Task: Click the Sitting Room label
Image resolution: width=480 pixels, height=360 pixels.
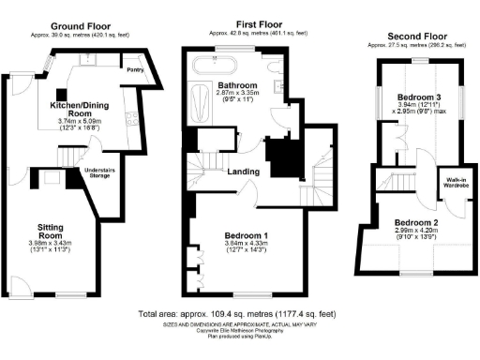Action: click(x=51, y=231)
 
